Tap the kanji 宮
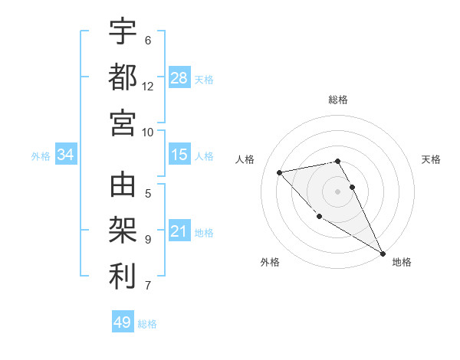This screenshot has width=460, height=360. point(123,122)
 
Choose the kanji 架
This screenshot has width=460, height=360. point(123,231)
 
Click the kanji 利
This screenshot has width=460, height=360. point(123,277)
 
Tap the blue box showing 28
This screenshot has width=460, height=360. point(179,77)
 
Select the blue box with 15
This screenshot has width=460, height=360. point(179,155)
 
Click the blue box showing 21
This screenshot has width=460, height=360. point(179,231)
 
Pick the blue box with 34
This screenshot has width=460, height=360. point(65,155)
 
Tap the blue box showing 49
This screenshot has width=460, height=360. point(123,322)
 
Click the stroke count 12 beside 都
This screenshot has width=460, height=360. point(148,86)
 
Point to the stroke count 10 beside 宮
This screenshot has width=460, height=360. point(148,132)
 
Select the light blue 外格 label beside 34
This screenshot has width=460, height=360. point(41,156)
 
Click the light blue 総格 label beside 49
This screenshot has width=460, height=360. point(147,324)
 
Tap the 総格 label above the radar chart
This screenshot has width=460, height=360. point(338,100)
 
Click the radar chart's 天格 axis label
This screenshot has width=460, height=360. point(431,159)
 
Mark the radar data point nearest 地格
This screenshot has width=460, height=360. point(383,254)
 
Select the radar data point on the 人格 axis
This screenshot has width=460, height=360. point(280,172)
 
